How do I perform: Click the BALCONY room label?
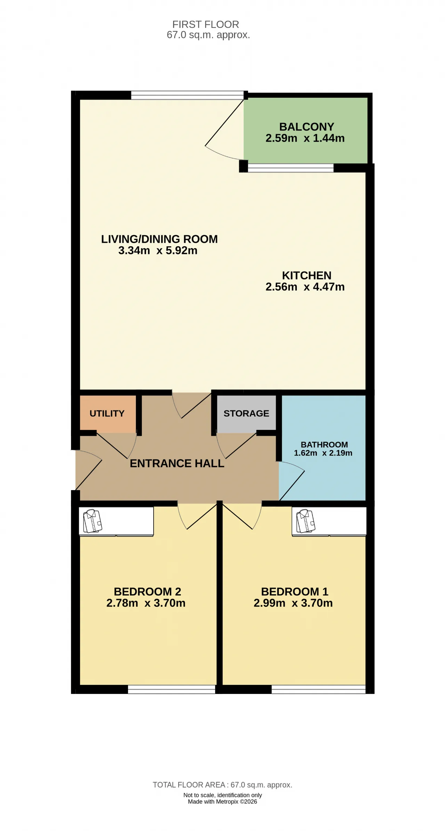[x=307, y=127]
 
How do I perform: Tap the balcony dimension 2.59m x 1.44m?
[x=305, y=138]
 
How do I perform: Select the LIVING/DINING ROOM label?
[x=159, y=239]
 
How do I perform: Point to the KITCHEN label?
[x=307, y=275]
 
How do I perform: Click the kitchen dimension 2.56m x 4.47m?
[x=305, y=287]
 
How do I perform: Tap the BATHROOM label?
[x=324, y=445]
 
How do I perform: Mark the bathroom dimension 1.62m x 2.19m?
[x=323, y=453]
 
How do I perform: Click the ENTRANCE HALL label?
[x=177, y=463]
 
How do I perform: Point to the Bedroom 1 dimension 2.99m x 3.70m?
[x=293, y=603]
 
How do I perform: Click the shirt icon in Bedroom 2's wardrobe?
[x=92, y=521]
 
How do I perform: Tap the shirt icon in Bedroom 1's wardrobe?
[x=306, y=521]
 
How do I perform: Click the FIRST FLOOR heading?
[x=206, y=24]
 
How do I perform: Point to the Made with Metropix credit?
[x=222, y=801]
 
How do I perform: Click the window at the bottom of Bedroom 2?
[x=172, y=689]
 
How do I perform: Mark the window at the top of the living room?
[x=187, y=95]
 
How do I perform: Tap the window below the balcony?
[x=291, y=168]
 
